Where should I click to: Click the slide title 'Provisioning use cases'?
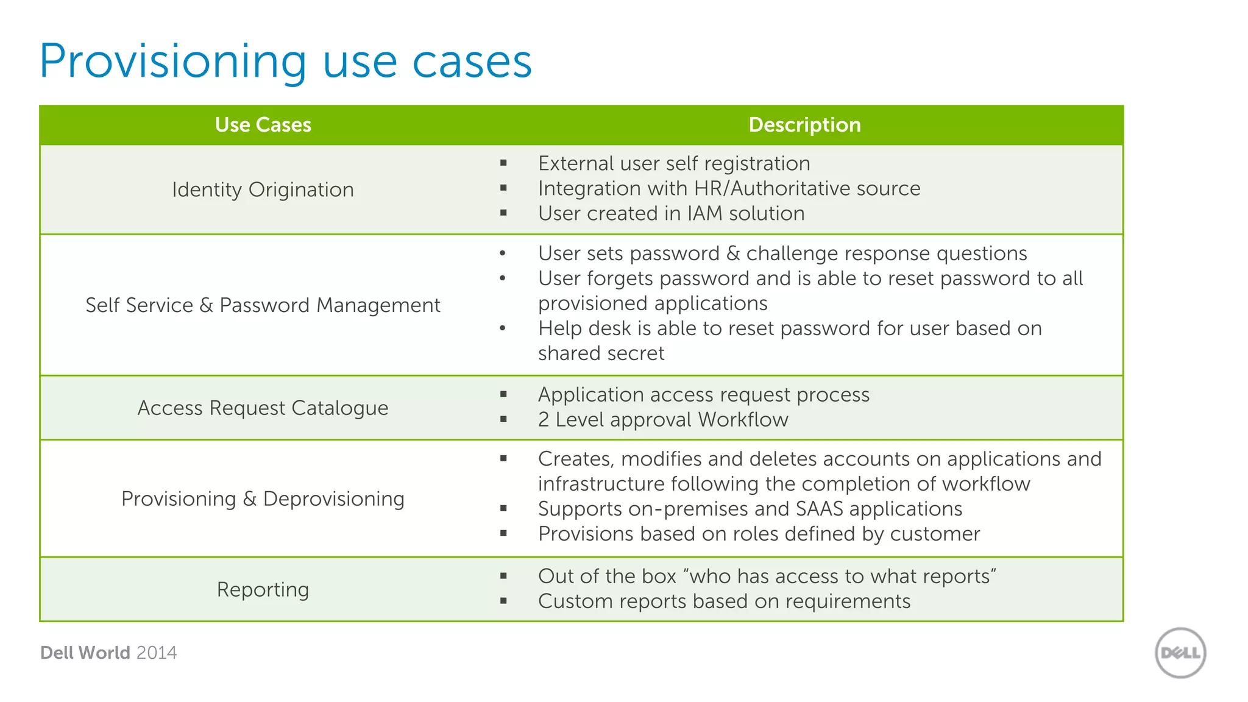pyautogui.click(x=285, y=62)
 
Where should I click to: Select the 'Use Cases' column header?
pyautogui.click(x=263, y=125)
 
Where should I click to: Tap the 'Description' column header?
pyautogui.click(x=804, y=125)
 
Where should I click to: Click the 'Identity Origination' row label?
pyautogui.click(x=263, y=190)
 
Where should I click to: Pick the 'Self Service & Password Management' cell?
pyautogui.click(x=263, y=305)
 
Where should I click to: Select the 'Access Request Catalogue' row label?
pyautogui.click(x=263, y=408)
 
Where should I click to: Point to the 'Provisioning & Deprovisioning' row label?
pyautogui.click(x=263, y=498)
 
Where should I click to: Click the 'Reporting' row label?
pyautogui.click(x=263, y=589)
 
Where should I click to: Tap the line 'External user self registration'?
pyautogui.click(x=674, y=163)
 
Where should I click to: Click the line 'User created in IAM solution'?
pyautogui.click(x=671, y=213)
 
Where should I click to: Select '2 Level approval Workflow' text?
pyautogui.click(x=663, y=420)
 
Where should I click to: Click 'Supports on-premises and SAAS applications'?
pyautogui.click(x=750, y=509)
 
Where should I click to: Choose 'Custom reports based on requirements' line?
pyautogui.click(x=724, y=601)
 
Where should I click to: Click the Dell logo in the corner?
pyautogui.click(x=1180, y=653)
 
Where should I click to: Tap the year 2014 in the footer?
pyautogui.click(x=157, y=653)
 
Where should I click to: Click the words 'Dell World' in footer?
pyautogui.click(x=85, y=653)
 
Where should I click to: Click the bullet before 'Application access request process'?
pyautogui.click(x=503, y=394)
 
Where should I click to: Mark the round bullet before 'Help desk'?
pyautogui.click(x=502, y=328)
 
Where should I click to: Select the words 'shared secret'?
pyautogui.click(x=601, y=353)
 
